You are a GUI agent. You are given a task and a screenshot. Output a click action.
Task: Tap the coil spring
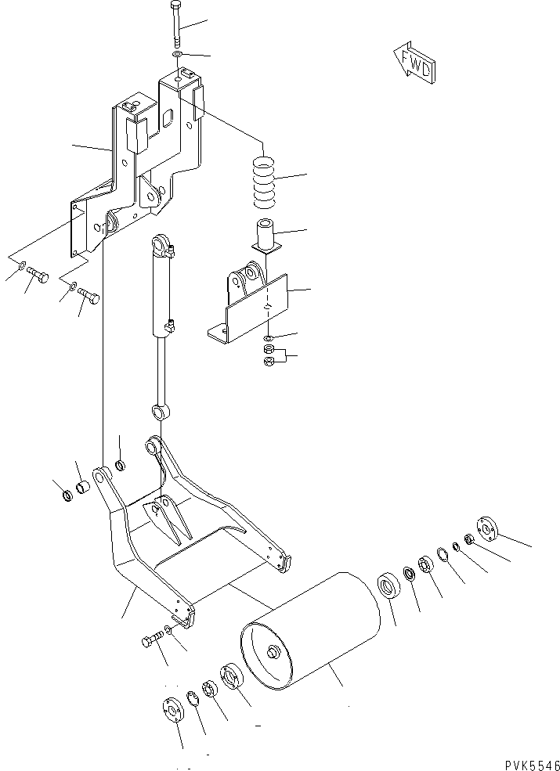tap(266, 183)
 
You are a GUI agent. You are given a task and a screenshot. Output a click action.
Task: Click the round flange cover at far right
tap(486, 530)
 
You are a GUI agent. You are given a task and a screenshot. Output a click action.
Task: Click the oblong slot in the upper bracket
tap(168, 117)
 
